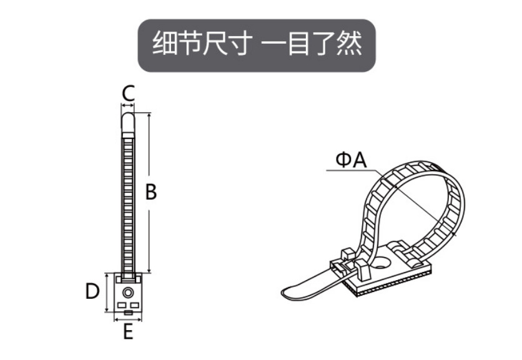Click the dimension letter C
coord(128,94)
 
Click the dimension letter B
coord(151,192)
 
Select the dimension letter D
coord(92,291)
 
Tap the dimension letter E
coord(128,331)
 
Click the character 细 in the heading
coord(164,43)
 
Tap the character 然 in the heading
coord(349,43)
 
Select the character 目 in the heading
coord(298,43)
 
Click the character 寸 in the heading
coord(237,43)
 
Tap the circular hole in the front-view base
coord(128,293)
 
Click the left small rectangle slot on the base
coord(121,305)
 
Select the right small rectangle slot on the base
coord(134,305)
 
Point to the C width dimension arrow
coord(128,105)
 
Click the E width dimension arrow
coord(128,319)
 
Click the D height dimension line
coord(107,293)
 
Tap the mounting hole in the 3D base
coord(380,263)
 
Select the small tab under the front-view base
coord(128,313)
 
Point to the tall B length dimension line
coord(149,193)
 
